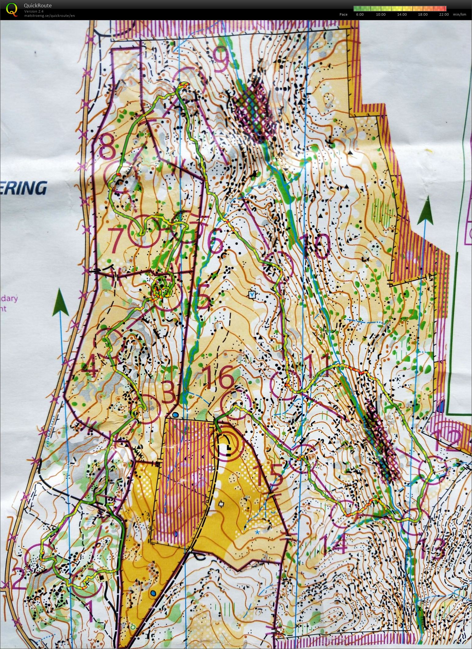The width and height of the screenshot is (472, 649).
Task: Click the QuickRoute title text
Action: (38, 6)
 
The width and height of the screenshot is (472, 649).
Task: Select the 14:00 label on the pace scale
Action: (402, 14)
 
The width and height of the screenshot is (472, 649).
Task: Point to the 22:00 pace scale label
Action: (444, 14)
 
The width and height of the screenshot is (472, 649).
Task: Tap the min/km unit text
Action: (459, 14)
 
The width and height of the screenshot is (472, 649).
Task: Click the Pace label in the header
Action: (343, 14)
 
